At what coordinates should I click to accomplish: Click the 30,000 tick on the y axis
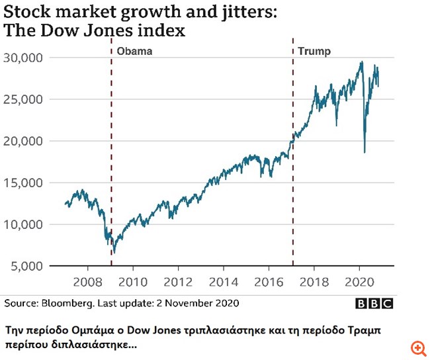[24, 58]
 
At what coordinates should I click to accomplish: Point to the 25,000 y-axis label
[24, 99]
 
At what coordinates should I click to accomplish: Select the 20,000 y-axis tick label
[24, 141]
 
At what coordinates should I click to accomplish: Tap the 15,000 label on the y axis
[24, 183]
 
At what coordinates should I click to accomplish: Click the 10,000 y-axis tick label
[24, 224]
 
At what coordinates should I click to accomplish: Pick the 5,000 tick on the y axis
[27, 266]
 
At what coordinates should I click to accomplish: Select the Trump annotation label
[314, 51]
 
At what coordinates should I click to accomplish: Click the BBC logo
[374, 304]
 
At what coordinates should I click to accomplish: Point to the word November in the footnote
[191, 304]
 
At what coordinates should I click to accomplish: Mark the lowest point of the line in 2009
[114, 253]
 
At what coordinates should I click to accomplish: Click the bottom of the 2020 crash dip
[364, 153]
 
